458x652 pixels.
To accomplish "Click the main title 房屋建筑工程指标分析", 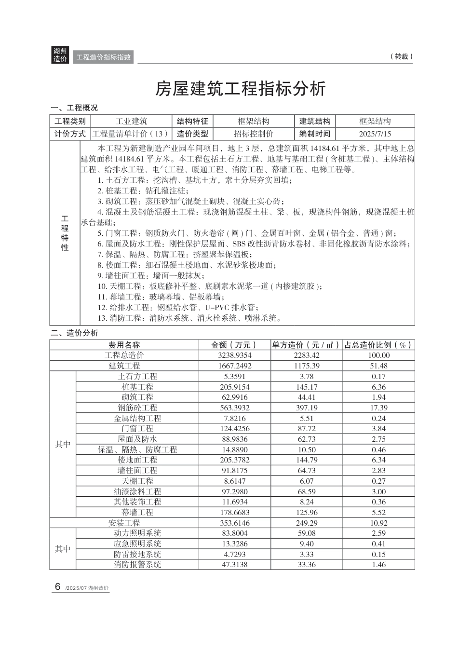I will [240, 89].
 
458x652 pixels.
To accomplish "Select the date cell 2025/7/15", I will [375, 134].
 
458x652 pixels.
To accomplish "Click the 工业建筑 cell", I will [132, 121].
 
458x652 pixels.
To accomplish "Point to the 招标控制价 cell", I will [254, 134].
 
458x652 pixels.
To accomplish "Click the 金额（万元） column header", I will [234, 345].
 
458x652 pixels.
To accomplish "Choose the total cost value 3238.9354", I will [235, 355].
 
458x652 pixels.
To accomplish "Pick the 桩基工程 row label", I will [137, 387].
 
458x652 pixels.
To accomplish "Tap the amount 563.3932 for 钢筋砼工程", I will [235, 408].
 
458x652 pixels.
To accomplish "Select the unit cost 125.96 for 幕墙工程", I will [307, 513].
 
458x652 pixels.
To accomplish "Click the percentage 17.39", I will [379, 408].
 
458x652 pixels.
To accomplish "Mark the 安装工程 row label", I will [124, 523].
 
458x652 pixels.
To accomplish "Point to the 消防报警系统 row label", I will [137, 565].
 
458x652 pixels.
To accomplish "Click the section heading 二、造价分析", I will [75, 333].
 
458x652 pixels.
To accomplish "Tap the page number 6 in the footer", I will [57, 587].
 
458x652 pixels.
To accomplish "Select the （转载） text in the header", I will [401, 56].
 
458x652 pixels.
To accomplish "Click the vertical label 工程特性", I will [65, 233].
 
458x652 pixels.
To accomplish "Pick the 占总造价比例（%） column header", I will [378, 345].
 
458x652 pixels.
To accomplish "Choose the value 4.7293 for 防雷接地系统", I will [235, 555].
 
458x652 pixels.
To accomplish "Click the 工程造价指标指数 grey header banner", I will [104, 57].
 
